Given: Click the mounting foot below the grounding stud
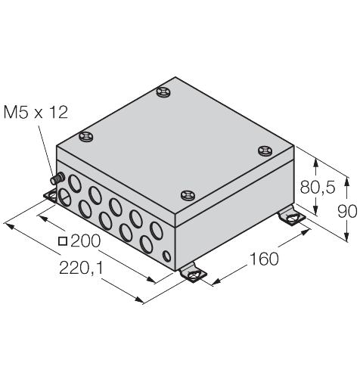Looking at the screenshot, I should [51, 197].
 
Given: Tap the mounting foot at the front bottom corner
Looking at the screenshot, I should [194, 272].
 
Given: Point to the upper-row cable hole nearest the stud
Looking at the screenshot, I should [76, 182].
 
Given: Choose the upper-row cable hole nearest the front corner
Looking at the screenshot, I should [157, 228].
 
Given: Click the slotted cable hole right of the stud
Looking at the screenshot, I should [64, 198].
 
